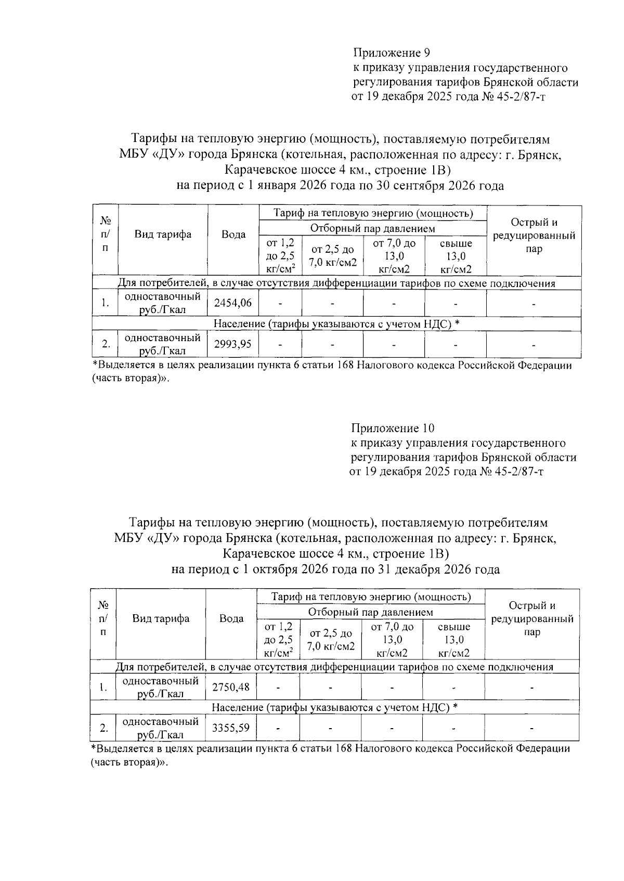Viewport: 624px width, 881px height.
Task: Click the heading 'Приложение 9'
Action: pyautogui.click(x=392, y=53)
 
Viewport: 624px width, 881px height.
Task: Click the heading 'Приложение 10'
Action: pyautogui.click(x=393, y=429)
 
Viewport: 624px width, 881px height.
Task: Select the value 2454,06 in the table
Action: pyautogui.click(x=233, y=303)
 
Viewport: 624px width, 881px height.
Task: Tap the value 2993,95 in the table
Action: pyautogui.click(x=233, y=344)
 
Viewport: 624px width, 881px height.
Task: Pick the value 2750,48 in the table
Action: pyautogui.click(x=231, y=687)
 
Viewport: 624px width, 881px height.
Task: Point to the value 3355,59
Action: pyautogui.click(x=231, y=728)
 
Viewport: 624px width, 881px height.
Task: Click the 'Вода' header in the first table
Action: pyautogui.click(x=233, y=235)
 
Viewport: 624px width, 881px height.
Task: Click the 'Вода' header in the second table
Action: pyautogui.click(x=231, y=618)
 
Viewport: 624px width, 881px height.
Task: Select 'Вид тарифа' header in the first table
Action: pyautogui.click(x=163, y=235)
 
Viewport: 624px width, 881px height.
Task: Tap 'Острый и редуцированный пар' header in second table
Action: pyautogui.click(x=532, y=619)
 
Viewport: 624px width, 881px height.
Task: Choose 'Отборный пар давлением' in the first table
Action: pyautogui.click(x=372, y=228)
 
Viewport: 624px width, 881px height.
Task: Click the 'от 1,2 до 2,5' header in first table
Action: pyautogui.click(x=280, y=255)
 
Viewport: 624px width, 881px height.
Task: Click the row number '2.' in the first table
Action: pyautogui.click(x=106, y=344)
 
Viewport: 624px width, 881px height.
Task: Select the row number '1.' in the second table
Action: pyautogui.click(x=103, y=687)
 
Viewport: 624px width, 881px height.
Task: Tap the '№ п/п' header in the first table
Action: pyautogui.click(x=106, y=235)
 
